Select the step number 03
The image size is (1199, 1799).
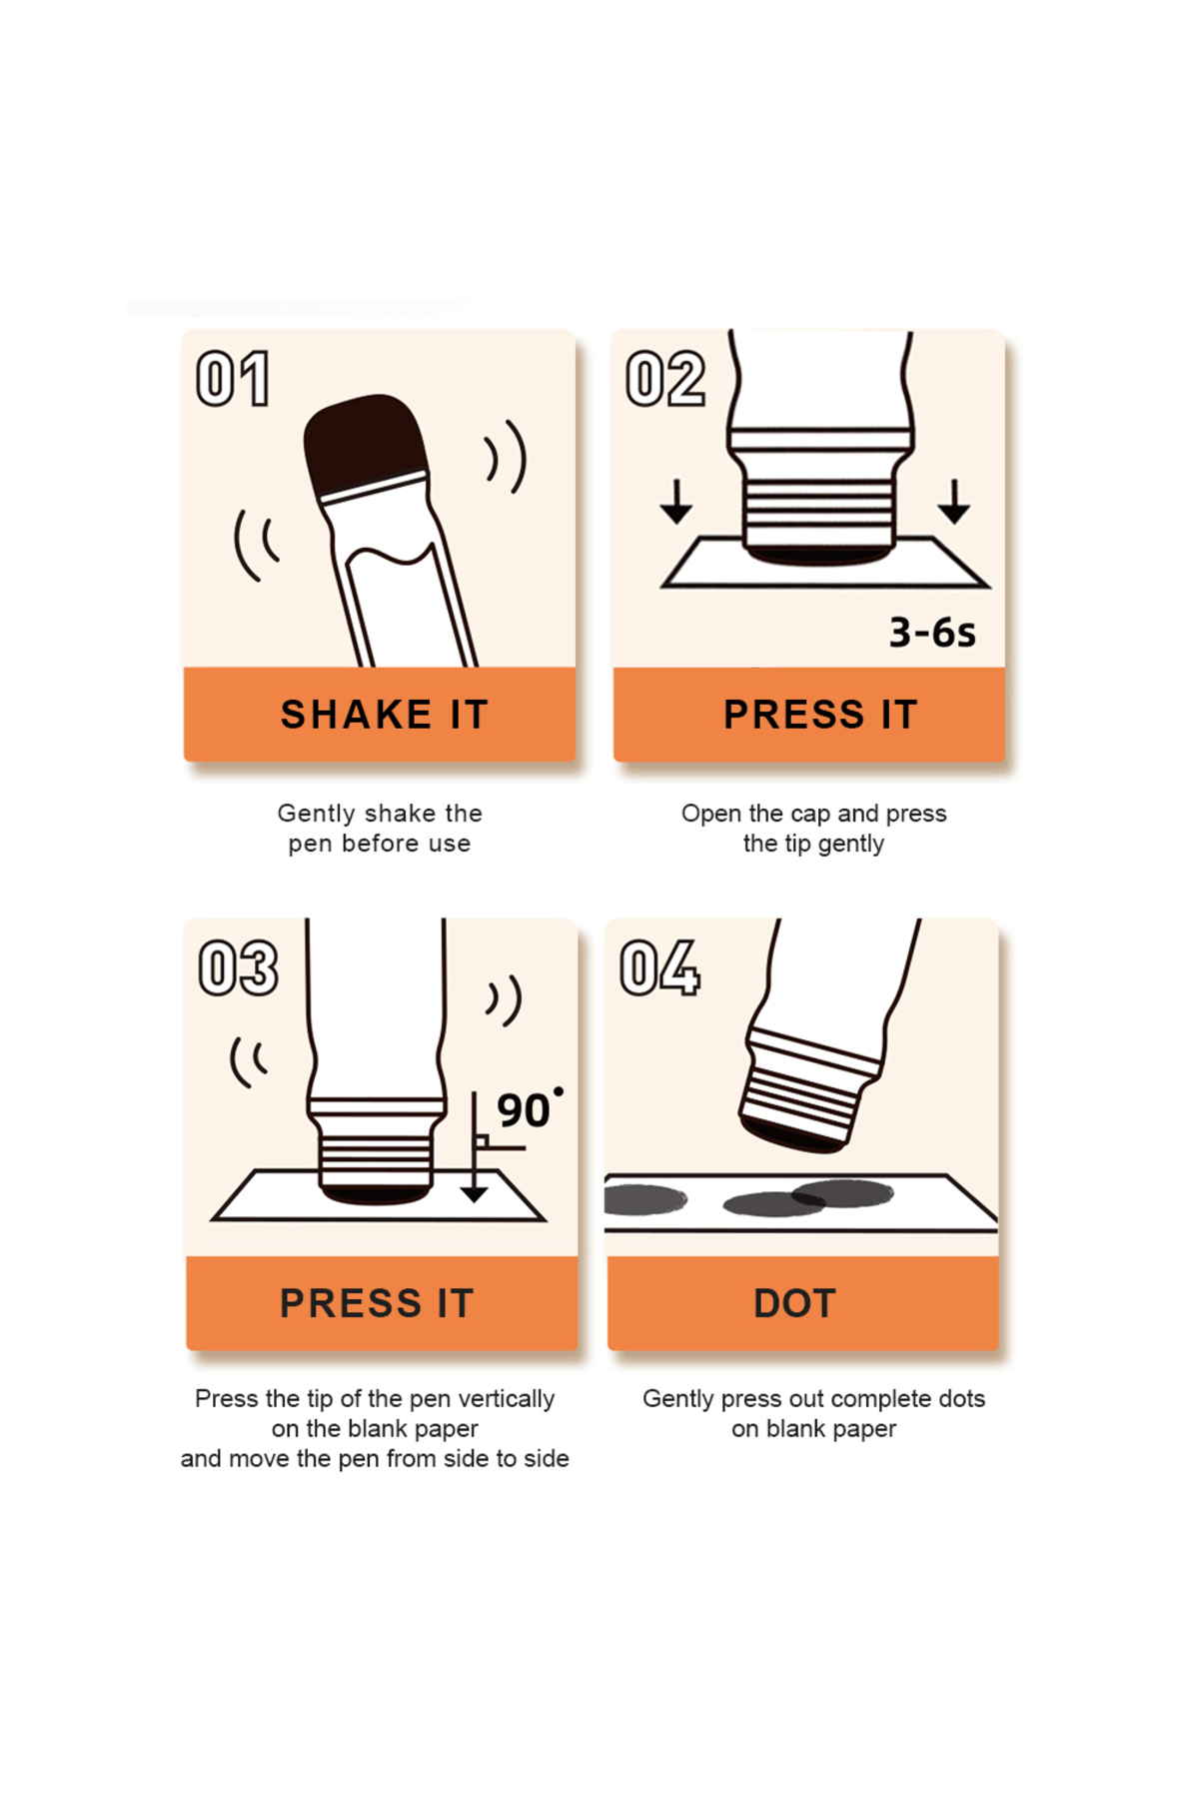point(239,967)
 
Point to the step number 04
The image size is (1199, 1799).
point(660,967)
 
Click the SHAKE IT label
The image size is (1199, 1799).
point(385,715)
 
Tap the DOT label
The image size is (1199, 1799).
point(794,1303)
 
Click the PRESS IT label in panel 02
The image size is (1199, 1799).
point(820,715)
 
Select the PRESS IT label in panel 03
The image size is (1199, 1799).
point(377,1303)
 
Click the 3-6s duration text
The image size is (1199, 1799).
point(932,633)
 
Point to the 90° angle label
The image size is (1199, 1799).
point(529,1109)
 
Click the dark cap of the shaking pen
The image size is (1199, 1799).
point(366,444)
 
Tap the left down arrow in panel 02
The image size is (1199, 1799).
point(676,501)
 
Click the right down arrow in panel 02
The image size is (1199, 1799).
point(954,501)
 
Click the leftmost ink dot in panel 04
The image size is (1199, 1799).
point(644,1199)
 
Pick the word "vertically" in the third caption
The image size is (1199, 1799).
point(506,1399)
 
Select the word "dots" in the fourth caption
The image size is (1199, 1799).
point(961,1398)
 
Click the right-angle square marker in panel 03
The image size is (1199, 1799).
point(482,1141)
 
